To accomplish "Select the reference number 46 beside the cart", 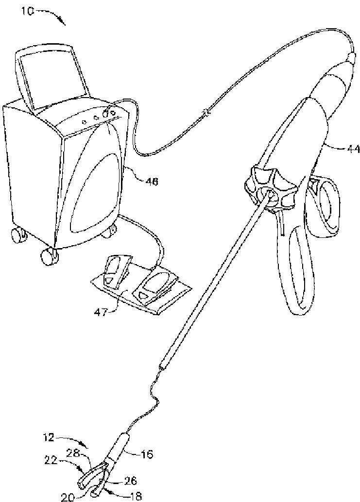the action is [x=151, y=182].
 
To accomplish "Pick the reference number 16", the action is [x=146, y=454].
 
